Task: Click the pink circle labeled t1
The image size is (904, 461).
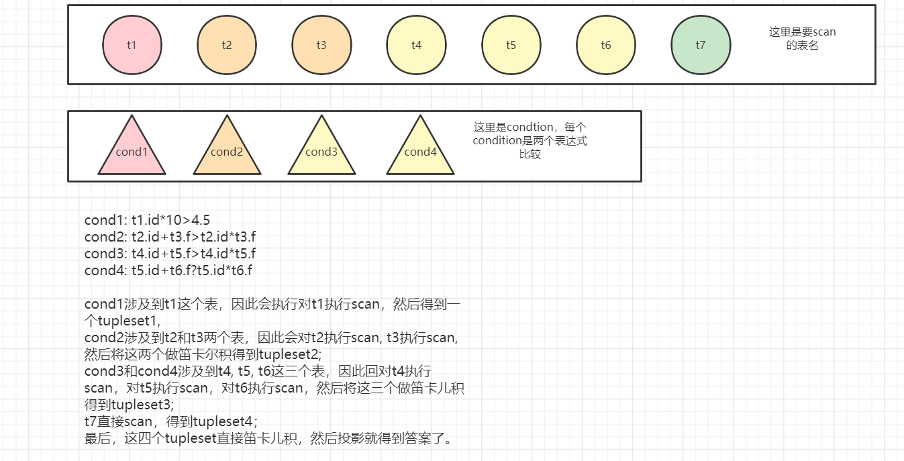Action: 132,45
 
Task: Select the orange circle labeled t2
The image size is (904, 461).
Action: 227,45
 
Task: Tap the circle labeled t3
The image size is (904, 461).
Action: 321,45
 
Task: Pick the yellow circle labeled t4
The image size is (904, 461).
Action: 416,45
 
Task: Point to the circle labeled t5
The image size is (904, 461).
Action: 511,45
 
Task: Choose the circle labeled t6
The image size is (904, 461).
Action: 606,45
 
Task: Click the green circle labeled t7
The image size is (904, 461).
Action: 701,45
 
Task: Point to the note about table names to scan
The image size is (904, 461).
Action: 803,39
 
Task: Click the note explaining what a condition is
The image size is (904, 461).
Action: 530,140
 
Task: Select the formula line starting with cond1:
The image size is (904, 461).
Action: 148,219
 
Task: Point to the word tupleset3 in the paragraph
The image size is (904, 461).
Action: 141,405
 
